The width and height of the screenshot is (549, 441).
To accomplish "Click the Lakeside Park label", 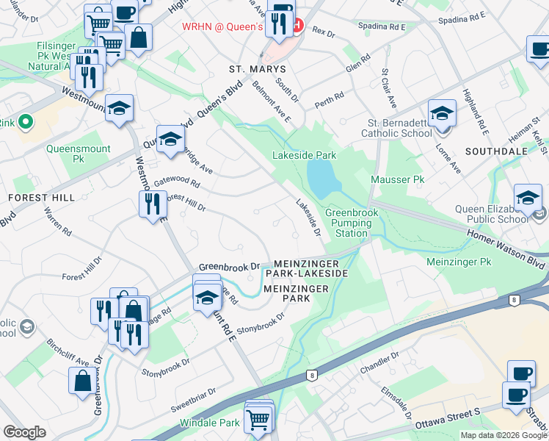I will (304, 156).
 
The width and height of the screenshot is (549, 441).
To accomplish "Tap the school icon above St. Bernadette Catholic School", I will (443, 113).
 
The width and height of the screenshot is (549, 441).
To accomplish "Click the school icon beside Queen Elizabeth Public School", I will (527, 198).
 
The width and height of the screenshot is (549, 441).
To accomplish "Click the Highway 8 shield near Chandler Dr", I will (313, 375).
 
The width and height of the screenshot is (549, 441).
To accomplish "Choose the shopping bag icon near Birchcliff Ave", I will (82, 380).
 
